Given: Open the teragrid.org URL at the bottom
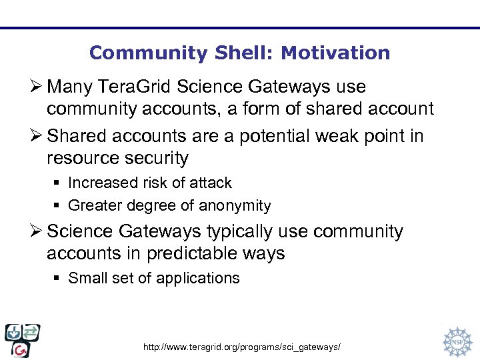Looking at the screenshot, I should (x=243, y=347).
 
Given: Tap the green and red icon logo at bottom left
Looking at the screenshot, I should (x=22, y=340).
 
